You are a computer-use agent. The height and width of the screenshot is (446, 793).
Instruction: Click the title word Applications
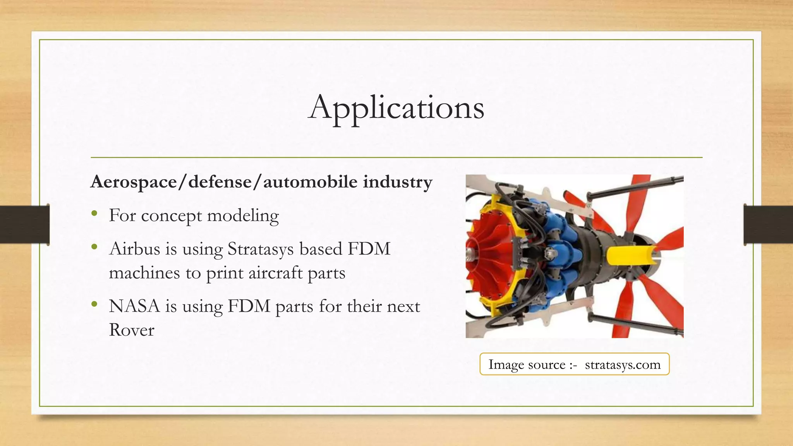tap(396, 108)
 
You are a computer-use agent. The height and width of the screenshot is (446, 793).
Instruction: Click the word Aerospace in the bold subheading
tap(134, 182)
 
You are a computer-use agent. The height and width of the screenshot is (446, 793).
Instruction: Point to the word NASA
tap(134, 307)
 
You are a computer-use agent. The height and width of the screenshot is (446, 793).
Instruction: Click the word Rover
tap(132, 330)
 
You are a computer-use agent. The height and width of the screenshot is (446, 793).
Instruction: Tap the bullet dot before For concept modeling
tap(94, 214)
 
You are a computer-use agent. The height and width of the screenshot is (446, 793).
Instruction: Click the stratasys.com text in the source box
tap(623, 365)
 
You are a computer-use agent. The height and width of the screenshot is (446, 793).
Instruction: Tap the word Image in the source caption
tap(505, 365)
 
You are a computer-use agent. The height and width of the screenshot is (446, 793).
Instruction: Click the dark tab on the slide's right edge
tap(768, 225)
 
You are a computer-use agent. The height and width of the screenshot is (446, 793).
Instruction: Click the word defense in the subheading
tap(220, 182)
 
